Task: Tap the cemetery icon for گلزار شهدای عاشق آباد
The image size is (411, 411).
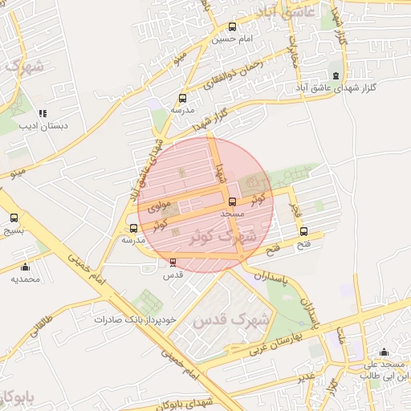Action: (336, 75)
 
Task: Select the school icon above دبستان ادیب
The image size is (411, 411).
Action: (43, 113)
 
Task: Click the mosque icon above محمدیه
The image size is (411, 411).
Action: (25, 267)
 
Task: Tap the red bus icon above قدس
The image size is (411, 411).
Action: (173, 262)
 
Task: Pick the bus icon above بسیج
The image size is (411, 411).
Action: (14, 218)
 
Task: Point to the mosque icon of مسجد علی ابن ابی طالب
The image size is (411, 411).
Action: (384, 352)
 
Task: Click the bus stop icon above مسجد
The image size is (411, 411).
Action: (233, 201)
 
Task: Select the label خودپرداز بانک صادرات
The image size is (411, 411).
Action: (134, 319)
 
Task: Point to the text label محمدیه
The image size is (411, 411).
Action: (25, 279)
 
